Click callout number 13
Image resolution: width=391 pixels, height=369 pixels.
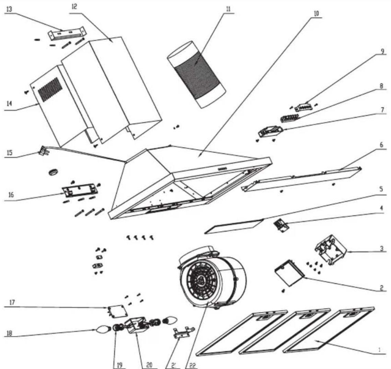[9, 9]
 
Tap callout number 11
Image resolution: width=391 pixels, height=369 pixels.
[228, 9]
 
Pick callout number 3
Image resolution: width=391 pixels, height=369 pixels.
[381, 249]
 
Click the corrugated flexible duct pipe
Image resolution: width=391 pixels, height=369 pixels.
[196, 74]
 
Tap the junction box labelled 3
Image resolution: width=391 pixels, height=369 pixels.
[331, 250]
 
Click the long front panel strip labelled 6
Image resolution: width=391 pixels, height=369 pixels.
[302, 179]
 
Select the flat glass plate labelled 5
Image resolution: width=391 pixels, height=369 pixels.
[234, 226]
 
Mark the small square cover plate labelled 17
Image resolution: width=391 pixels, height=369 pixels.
[116, 311]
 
